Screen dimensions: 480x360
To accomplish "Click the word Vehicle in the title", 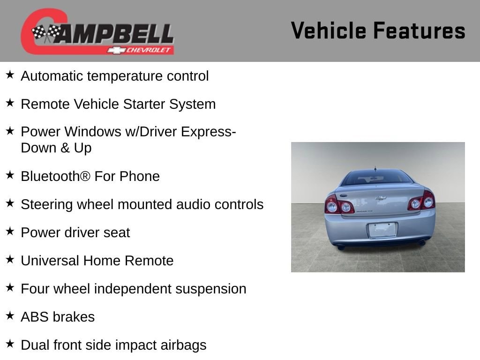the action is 329,30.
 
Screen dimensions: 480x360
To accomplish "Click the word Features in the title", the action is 420,30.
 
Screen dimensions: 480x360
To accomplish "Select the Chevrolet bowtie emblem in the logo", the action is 116,50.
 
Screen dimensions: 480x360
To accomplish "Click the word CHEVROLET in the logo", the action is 148,50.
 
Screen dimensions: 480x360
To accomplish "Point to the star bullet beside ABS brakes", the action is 10,315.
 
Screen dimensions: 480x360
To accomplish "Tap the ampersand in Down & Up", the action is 65,148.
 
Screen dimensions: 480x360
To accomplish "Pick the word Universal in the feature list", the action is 50,261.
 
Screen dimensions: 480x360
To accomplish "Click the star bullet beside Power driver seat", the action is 10,231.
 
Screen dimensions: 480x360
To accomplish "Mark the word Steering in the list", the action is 46,205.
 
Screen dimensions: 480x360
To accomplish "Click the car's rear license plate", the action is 382,230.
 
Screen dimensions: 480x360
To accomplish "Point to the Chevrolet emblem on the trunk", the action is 381,198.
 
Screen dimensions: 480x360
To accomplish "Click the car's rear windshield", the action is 377,178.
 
